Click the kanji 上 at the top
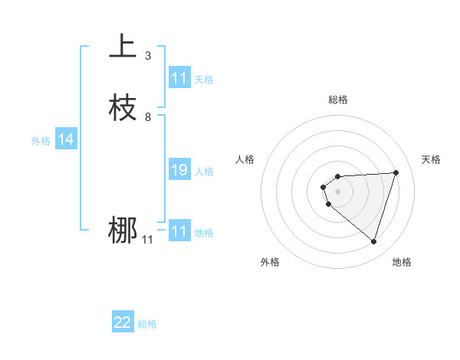[x=123, y=47]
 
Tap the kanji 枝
[x=123, y=108]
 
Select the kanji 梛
[x=123, y=231]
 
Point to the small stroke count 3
[x=147, y=56]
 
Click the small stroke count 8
[x=147, y=117]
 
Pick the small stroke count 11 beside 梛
[x=147, y=240]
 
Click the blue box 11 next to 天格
[x=179, y=78]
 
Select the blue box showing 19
[x=179, y=170]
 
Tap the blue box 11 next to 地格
[x=179, y=231]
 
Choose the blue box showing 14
[x=66, y=139]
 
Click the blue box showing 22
[x=123, y=322]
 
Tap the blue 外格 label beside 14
[x=41, y=141]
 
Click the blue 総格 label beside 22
[x=147, y=324]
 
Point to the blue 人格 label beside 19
[x=205, y=172]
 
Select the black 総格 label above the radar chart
[x=337, y=100]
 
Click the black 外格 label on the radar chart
[x=270, y=262]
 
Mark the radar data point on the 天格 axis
[x=396, y=172]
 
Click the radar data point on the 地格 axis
[x=373, y=242]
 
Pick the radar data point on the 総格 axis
[x=337, y=175]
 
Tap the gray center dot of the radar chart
[x=337, y=191]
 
